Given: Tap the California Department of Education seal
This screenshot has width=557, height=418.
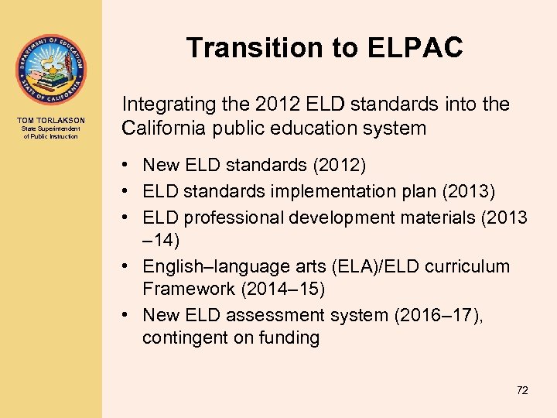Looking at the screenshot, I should (50, 69).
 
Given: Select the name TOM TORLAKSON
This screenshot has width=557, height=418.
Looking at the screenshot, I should (50, 119).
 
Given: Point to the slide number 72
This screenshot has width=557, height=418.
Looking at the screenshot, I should (522, 390).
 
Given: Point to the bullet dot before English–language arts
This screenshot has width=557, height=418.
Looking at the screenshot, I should (126, 266).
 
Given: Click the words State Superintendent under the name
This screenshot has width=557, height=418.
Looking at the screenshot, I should (50, 129).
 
